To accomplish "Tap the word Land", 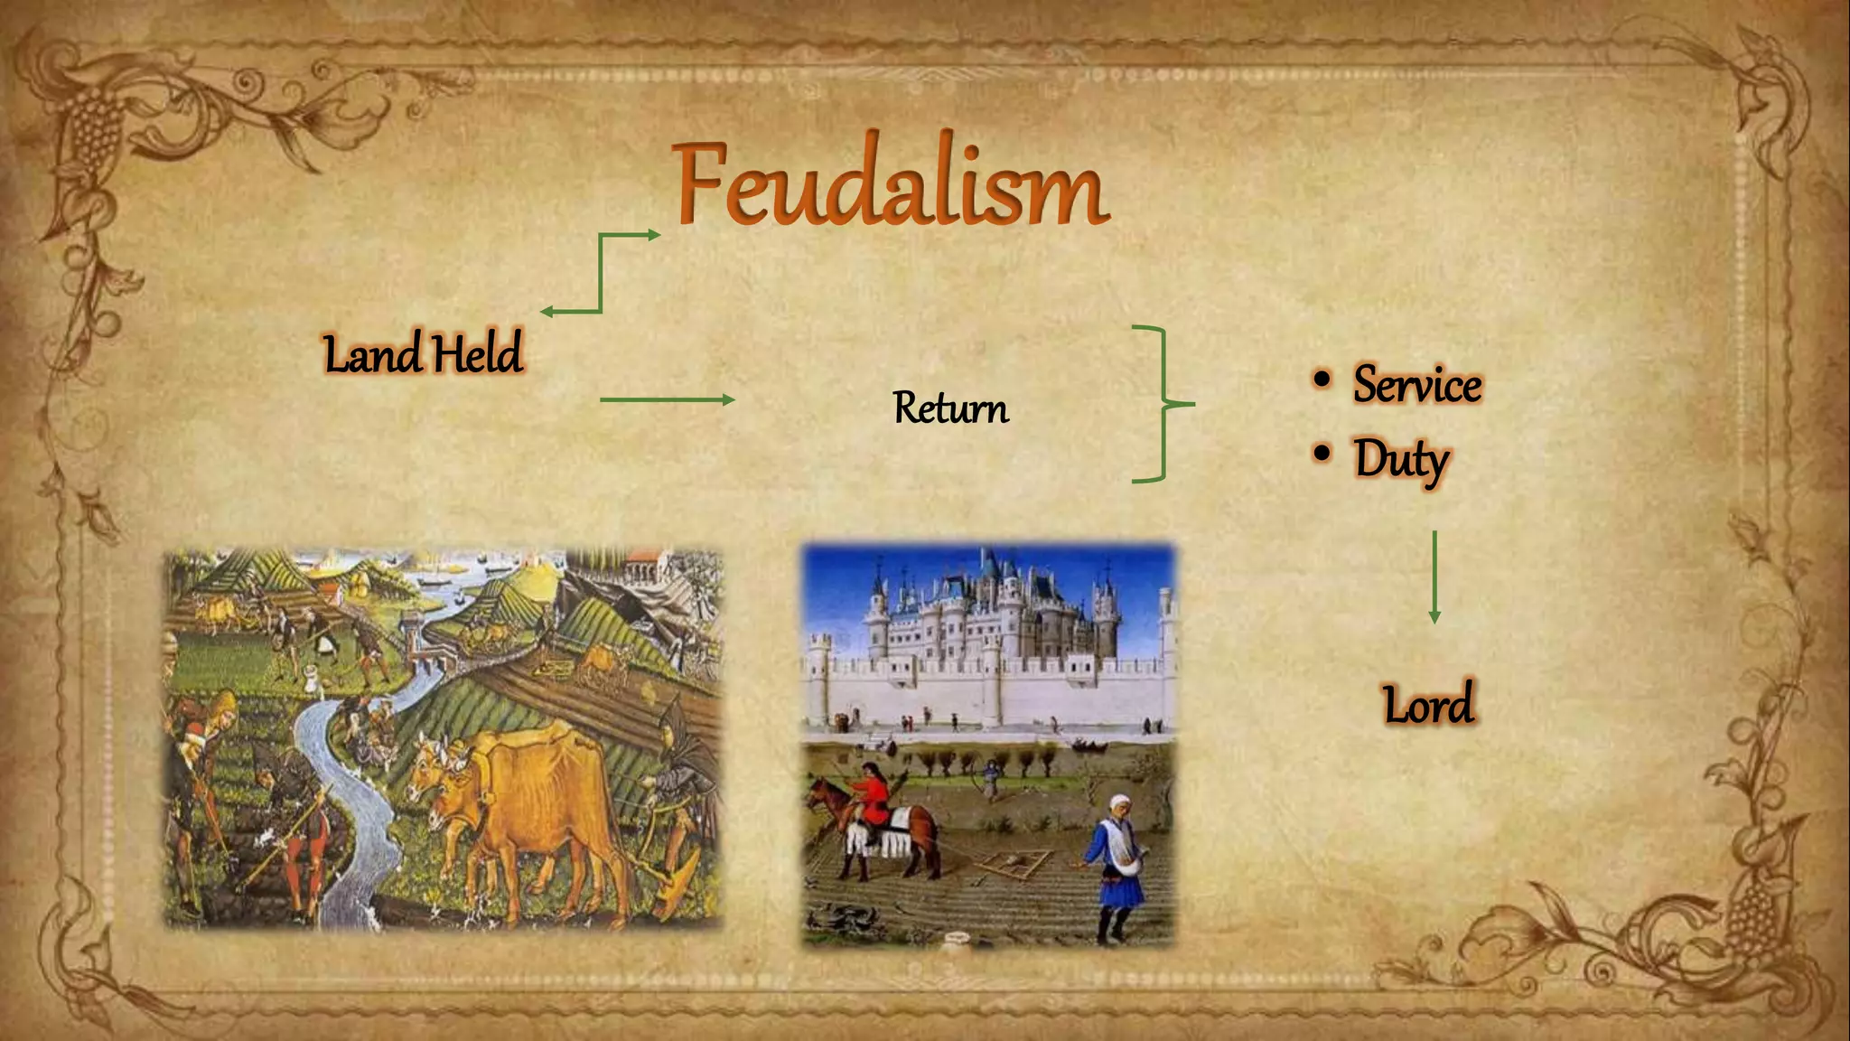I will click(x=372, y=353).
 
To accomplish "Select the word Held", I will click(x=476, y=353).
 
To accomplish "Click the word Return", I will click(x=950, y=408).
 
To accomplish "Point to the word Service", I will click(x=1416, y=385).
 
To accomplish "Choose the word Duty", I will click(x=1401, y=459).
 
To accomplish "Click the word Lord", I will click(x=1428, y=705).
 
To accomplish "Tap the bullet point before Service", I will click(x=1322, y=380).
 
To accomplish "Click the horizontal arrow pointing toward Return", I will click(x=667, y=399).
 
